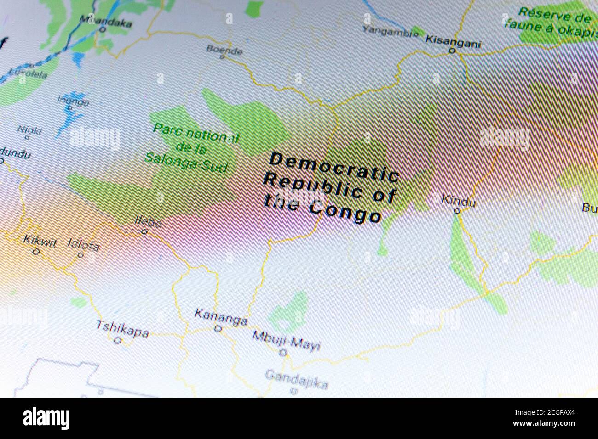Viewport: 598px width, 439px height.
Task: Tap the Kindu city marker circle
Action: click(457, 211)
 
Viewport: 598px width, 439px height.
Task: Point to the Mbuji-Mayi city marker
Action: click(284, 353)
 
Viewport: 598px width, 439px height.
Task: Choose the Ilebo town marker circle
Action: click(144, 232)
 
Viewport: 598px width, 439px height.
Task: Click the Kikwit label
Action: click(40, 242)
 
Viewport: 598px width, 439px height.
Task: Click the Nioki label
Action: click(29, 129)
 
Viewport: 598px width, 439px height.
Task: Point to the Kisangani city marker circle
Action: click(452, 51)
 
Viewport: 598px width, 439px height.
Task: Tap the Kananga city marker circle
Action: click(218, 329)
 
